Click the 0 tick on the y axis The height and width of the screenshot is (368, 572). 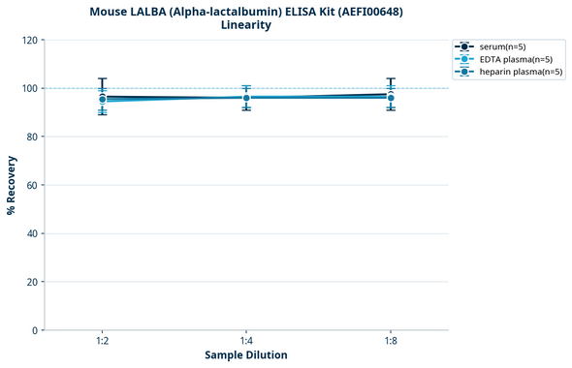coord(35,330)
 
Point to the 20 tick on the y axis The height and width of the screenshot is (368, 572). coord(32,282)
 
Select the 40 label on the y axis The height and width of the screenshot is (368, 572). coord(32,233)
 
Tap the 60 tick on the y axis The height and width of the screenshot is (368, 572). coord(32,185)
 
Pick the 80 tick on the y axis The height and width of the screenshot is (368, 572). coord(32,137)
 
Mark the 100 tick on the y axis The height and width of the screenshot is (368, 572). coord(29,88)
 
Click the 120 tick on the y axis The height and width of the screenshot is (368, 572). coord(29,40)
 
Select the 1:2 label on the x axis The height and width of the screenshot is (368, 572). coord(102,341)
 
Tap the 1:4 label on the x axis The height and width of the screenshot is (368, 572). coord(246,341)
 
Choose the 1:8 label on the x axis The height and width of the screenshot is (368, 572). coord(390,341)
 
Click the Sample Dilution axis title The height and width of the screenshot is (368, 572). coord(245,355)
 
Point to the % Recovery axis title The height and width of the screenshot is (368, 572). coord(12,185)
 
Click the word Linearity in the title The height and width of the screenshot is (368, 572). coord(245,25)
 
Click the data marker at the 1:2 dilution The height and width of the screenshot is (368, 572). coord(102,98)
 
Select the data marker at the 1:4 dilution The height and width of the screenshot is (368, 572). coord(246,97)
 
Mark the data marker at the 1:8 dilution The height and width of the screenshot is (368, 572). coord(390,96)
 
